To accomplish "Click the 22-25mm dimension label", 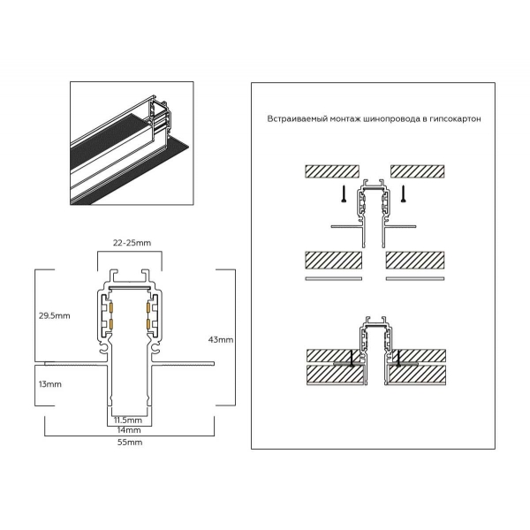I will (129, 242).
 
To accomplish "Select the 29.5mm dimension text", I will (55, 314).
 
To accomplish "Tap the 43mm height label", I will (220, 339).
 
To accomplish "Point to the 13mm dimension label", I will (50, 384).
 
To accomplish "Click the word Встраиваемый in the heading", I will (296, 118).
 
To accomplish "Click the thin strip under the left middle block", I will (333, 278).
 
